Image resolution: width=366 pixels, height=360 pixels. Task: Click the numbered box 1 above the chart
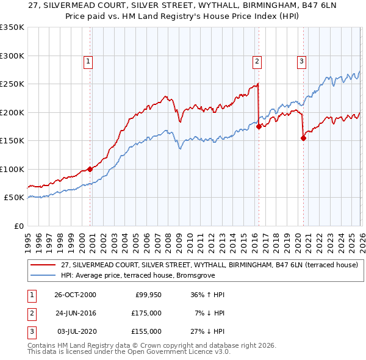88,61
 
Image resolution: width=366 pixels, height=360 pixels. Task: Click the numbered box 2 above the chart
257,61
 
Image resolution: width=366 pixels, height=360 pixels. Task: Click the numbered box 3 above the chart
301,61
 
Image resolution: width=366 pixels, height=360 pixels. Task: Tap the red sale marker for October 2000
90,169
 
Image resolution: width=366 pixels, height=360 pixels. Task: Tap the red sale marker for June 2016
259,126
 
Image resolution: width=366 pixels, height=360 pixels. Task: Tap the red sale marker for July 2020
303,138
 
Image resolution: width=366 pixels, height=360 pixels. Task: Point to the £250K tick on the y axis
12,84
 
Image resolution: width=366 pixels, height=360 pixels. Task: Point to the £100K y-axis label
12,169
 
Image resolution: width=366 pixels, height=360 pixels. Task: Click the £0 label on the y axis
18,226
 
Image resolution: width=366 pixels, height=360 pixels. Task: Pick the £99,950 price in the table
148,295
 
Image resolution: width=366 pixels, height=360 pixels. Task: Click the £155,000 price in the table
146,331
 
